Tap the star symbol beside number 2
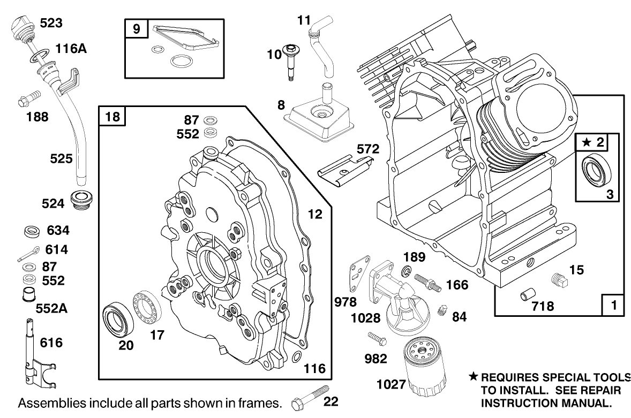click(587, 142)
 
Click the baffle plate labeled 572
click(342, 170)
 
